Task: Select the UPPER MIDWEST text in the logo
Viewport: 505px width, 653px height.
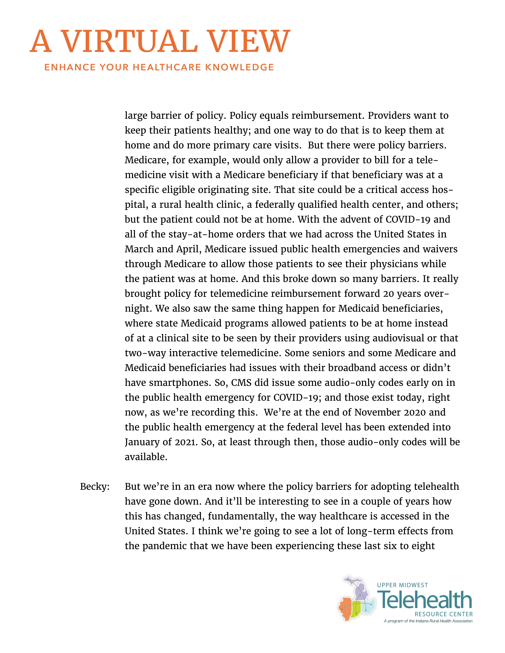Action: pos(402,585)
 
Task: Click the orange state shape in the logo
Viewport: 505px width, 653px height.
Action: pos(346,608)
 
